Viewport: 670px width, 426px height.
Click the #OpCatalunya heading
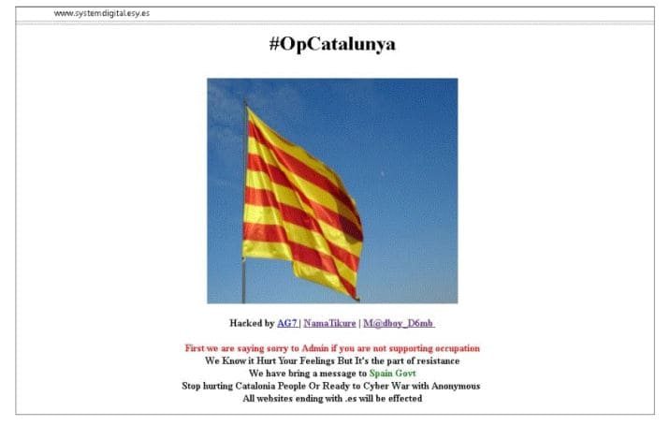pyautogui.click(x=332, y=45)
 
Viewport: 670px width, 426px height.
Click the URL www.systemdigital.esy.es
pyautogui.click(x=102, y=13)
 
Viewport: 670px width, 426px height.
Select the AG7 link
pyautogui.click(x=287, y=323)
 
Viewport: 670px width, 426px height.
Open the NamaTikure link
pyautogui.click(x=330, y=323)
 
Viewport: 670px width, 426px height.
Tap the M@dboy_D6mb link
pyautogui.click(x=399, y=323)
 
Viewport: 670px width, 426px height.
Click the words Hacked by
pyautogui.click(x=252, y=323)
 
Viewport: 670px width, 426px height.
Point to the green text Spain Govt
pyautogui.click(x=392, y=374)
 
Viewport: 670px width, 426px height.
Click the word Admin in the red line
pyautogui.click(x=315, y=348)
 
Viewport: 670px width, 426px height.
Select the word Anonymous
pyautogui.click(x=456, y=387)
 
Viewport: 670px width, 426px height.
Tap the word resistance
pyautogui.click(x=438, y=361)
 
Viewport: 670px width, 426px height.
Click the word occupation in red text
pyautogui.click(x=456, y=348)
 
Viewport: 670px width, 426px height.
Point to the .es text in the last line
pyautogui.click(x=350, y=399)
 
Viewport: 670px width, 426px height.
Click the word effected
pyautogui.click(x=405, y=399)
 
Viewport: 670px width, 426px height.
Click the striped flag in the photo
pyautogui.click(x=302, y=203)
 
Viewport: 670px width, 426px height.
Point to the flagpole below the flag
pyautogui.click(x=243, y=282)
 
